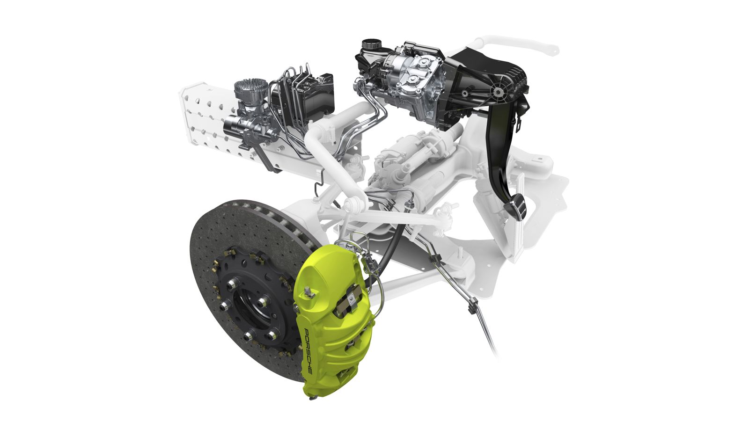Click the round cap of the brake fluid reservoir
tap(372, 44)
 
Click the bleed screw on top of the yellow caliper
tap(309, 293)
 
